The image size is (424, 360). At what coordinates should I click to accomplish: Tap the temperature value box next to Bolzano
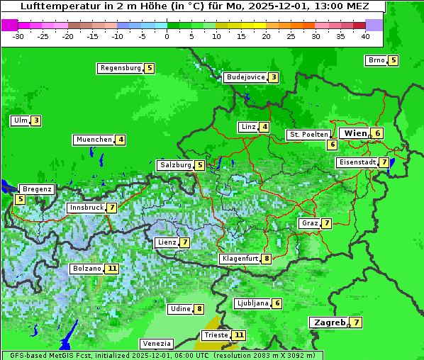112,269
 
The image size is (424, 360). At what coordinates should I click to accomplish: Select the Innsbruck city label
85,208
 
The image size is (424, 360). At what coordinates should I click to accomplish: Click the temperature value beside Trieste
239,335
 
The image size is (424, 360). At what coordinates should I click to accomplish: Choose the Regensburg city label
120,68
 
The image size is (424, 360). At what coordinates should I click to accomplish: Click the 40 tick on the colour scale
365,36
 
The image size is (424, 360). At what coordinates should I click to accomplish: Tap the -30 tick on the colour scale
18,36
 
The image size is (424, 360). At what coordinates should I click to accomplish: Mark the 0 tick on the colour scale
167,36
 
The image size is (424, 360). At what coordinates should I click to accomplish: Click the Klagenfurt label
240,259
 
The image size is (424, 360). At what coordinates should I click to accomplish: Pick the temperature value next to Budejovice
273,77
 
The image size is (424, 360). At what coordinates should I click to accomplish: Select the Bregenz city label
37,189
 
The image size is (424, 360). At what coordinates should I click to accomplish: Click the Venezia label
156,343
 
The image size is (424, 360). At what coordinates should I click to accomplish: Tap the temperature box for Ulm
35,120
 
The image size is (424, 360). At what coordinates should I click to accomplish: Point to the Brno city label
376,60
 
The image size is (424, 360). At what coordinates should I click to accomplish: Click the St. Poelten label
308,134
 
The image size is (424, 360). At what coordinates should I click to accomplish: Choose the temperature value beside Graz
326,223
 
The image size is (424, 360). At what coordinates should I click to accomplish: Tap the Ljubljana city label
252,303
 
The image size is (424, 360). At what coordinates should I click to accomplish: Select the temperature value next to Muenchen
121,140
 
